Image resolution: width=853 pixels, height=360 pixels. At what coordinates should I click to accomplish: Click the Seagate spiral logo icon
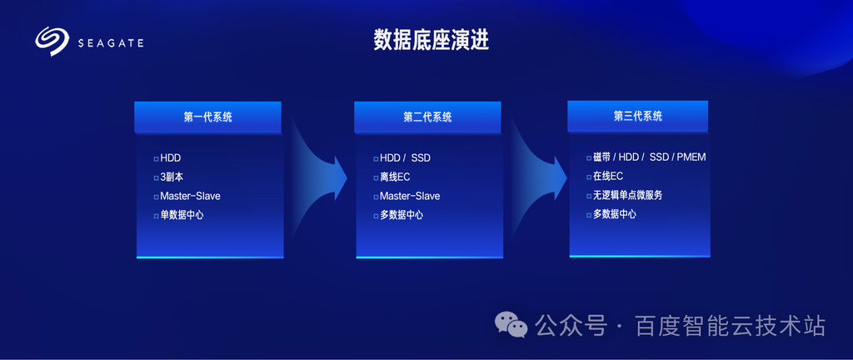(x=52, y=42)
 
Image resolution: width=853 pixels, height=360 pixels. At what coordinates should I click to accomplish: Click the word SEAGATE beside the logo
(x=111, y=43)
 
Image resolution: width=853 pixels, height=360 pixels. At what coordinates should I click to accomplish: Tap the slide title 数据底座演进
(x=431, y=40)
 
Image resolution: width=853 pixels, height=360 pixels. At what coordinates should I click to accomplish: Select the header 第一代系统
(x=207, y=117)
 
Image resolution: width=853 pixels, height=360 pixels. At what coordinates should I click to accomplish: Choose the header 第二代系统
(x=427, y=117)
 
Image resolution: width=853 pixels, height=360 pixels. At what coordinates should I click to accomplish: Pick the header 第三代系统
(x=637, y=116)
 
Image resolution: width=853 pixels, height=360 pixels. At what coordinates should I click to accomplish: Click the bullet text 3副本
(x=172, y=177)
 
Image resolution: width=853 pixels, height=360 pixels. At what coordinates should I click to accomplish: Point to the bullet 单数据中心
(x=182, y=215)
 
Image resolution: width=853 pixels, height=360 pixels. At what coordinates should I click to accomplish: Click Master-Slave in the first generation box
(x=190, y=196)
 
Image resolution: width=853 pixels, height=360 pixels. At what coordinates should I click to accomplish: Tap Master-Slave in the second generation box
(x=410, y=196)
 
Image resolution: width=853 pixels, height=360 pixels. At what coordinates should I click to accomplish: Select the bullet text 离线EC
(x=394, y=177)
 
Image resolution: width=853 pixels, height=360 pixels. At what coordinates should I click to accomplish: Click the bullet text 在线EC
(x=607, y=176)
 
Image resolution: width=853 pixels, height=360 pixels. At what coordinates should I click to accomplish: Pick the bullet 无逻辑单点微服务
(x=628, y=195)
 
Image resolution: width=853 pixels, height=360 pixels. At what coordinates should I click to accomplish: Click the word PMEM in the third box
(x=691, y=157)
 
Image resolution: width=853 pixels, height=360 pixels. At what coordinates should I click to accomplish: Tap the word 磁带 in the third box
(x=601, y=157)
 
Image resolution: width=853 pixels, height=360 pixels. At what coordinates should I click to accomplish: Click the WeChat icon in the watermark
(x=511, y=324)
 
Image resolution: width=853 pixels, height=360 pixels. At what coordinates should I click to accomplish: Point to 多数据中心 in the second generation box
(x=402, y=215)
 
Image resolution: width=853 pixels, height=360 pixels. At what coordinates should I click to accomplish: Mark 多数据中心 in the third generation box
(x=615, y=214)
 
